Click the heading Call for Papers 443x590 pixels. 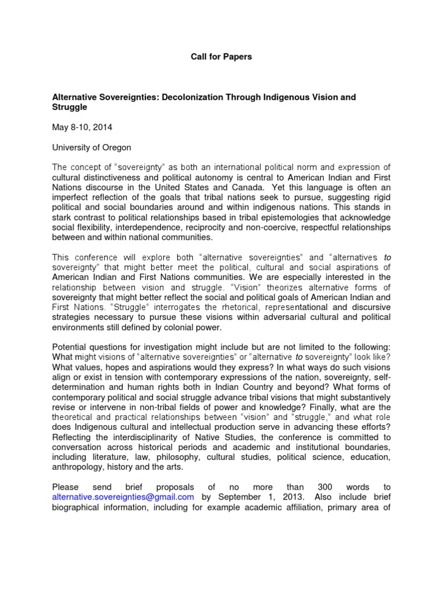[x=221, y=57]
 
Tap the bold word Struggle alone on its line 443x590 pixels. [x=70, y=107]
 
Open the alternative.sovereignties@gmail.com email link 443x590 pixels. [x=123, y=496]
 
